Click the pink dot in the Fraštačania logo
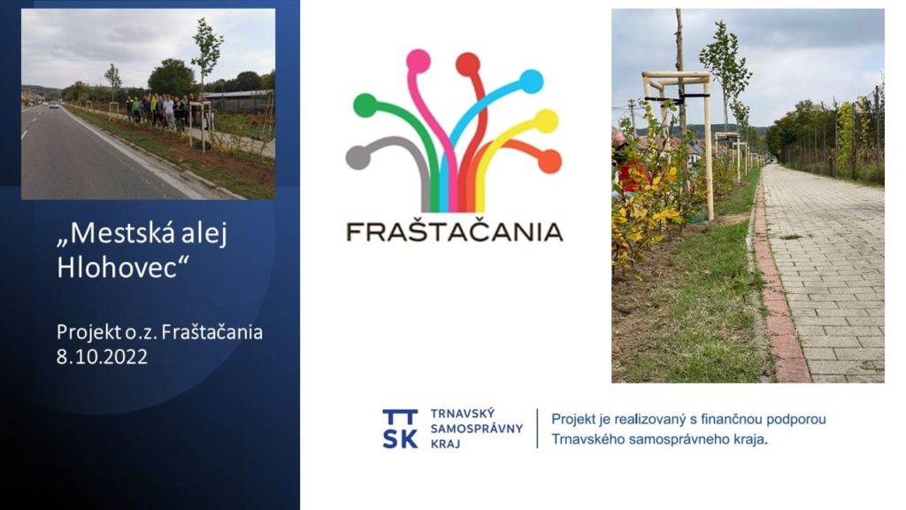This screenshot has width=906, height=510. (x=418, y=61)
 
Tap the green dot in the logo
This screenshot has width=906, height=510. (x=365, y=105)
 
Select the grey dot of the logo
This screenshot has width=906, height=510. (x=358, y=158)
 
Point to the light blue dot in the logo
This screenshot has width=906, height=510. (x=531, y=81)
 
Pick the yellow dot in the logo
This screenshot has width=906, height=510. (x=546, y=121)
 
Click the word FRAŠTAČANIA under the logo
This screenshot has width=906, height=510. (x=454, y=232)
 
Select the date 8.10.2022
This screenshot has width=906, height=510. (x=102, y=357)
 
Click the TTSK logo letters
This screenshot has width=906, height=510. (x=400, y=429)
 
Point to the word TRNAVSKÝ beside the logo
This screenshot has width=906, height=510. (x=462, y=413)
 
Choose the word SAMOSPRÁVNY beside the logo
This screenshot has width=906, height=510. (x=477, y=429)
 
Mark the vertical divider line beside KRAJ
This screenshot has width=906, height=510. (x=537, y=429)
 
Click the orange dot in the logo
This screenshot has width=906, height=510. (x=549, y=161)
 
